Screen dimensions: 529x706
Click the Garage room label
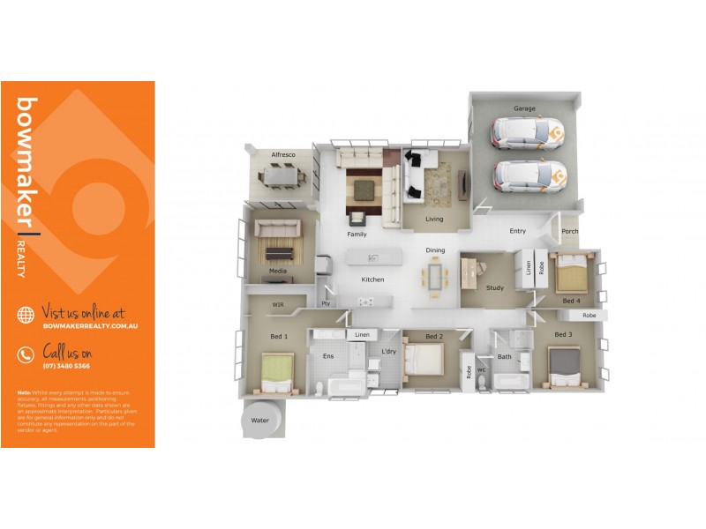point(525,108)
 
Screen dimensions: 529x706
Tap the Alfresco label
point(282,154)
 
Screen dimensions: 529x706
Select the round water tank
point(260,419)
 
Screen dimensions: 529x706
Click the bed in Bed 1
point(277,372)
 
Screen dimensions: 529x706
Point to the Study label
point(494,287)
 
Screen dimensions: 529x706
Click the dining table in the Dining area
point(435,276)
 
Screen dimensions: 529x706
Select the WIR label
point(278,305)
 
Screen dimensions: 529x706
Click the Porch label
point(570,233)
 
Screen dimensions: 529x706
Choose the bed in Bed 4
point(569,272)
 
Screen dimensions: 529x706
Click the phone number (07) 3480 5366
point(66,366)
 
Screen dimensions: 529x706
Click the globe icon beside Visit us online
point(26,315)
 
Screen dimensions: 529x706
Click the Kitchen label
point(372,279)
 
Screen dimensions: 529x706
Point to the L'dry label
point(388,352)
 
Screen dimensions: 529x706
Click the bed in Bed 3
point(564,365)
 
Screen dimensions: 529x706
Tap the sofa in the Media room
point(277,228)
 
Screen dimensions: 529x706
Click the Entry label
point(518,232)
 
